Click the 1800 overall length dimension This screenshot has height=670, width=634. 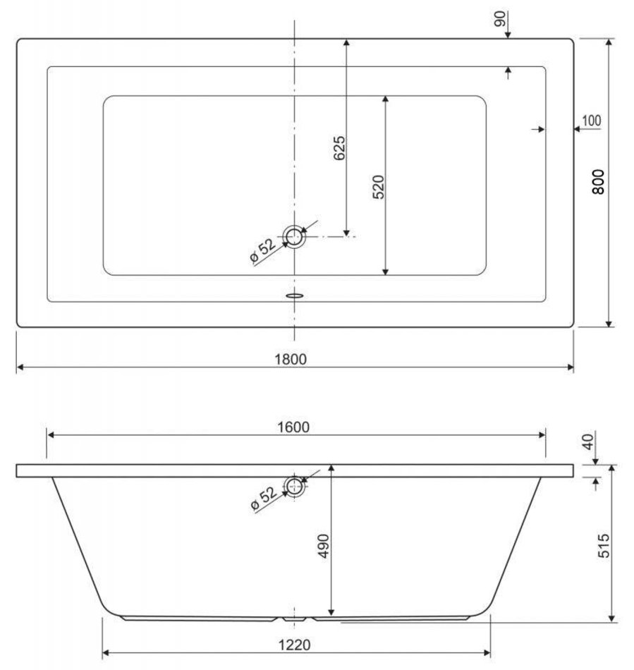click(x=291, y=360)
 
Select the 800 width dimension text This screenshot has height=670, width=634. click(x=598, y=182)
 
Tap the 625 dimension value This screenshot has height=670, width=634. click(x=339, y=148)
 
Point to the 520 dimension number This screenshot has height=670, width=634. click(x=378, y=187)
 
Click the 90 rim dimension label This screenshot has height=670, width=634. click(x=499, y=19)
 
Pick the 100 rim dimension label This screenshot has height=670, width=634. click(x=591, y=121)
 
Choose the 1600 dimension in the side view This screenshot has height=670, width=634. click(x=293, y=427)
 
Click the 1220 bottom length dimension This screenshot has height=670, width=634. click(x=294, y=645)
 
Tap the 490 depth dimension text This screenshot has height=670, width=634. click(x=324, y=546)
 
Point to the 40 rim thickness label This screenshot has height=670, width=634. click(x=588, y=441)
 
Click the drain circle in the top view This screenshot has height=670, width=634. click(x=294, y=236)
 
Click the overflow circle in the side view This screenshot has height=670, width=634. click(x=295, y=486)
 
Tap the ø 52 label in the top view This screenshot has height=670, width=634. click(x=263, y=250)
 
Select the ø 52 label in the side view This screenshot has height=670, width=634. click(x=264, y=498)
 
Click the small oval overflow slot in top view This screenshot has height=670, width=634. click(x=294, y=295)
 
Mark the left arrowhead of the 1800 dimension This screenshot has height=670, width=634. click(x=20, y=367)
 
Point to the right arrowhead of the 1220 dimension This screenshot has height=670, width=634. click(x=487, y=652)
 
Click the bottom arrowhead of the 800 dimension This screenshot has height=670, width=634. click(x=609, y=324)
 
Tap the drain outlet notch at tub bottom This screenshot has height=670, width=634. click(x=294, y=619)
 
